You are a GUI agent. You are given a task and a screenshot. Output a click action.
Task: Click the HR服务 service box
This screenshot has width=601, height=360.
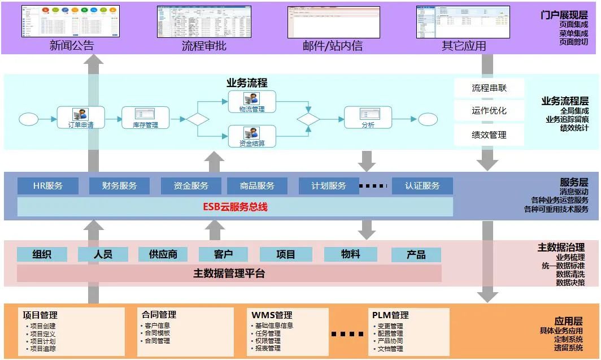pyautogui.click(x=47, y=185)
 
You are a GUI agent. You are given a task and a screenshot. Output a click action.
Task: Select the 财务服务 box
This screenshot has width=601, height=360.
pyautogui.click(x=119, y=185)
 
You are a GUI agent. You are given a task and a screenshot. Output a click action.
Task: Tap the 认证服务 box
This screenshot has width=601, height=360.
pyautogui.click(x=422, y=185)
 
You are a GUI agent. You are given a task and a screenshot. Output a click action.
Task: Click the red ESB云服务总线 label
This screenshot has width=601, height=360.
pyautogui.click(x=235, y=207)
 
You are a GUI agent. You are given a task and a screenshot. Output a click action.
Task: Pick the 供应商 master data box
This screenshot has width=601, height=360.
pyautogui.click(x=163, y=254)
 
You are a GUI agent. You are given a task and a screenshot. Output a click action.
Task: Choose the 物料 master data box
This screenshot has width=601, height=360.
pyautogui.click(x=350, y=254)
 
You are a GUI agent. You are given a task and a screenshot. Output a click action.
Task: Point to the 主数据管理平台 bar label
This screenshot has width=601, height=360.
pyautogui.click(x=229, y=274)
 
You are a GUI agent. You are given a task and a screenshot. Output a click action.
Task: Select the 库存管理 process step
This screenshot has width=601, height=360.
pyautogui.click(x=145, y=119)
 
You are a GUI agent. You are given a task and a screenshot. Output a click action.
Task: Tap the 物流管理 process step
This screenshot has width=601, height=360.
pyautogui.click(x=251, y=102)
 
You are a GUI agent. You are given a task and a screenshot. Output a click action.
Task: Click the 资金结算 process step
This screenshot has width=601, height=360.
pyautogui.click(x=251, y=137)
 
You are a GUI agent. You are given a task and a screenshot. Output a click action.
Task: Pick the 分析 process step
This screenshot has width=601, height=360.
pyautogui.click(x=368, y=119)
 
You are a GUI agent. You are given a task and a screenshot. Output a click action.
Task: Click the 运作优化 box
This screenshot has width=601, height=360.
pyautogui.click(x=489, y=111)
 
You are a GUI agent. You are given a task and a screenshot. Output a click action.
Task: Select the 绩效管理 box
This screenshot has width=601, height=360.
pyautogui.click(x=489, y=135)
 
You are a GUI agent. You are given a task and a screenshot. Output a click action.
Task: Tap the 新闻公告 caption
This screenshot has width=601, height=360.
pyautogui.click(x=72, y=46)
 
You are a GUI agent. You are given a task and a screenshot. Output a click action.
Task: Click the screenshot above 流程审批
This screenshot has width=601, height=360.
pyautogui.click(x=204, y=21)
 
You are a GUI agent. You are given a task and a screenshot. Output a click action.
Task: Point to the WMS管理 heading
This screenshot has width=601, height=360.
pyautogui.click(x=272, y=315)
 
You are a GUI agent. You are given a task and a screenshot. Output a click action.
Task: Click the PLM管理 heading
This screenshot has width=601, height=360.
pyautogui.click(x=390, y=315)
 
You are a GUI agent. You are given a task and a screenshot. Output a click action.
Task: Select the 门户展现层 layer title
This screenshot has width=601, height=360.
pyautogui.click(x=564, y=15)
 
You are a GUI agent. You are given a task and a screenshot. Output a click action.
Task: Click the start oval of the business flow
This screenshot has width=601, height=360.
pyautogui.click(x=28, y=119)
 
